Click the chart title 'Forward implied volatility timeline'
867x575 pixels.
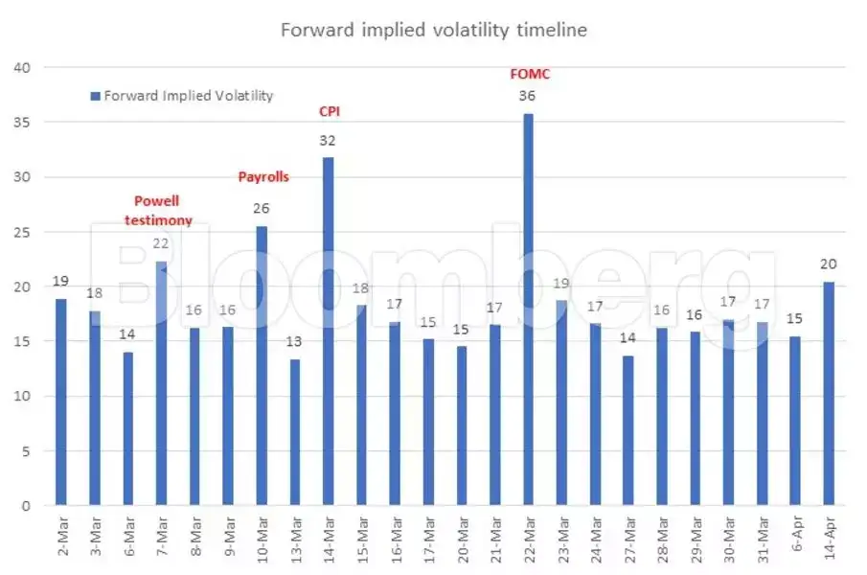(433, 30)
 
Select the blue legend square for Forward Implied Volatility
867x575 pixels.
(95, 96)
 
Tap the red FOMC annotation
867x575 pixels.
(530, 74)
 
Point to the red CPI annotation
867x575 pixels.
(329, 111)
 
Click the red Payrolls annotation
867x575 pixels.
(263, 177)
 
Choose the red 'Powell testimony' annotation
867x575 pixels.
(158, 211)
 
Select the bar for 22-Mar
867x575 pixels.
(528, 310)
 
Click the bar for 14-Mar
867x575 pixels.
(328, 332)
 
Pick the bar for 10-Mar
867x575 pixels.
(262, 365)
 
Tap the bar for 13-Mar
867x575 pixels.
(295, 432)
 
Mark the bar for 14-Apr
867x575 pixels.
(829, 394)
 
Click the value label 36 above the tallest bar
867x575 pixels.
(527, 96)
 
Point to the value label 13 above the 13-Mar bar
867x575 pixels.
(293, 342)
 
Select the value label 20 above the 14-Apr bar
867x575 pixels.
(829, 264)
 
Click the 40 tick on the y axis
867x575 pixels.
(22, 68)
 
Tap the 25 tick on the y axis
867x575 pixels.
(22, 232)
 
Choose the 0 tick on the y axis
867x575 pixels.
(26, 506)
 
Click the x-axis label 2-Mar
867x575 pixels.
(62, 536)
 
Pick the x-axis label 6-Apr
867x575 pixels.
(796, 535)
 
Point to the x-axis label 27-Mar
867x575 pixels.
(628, 540)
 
